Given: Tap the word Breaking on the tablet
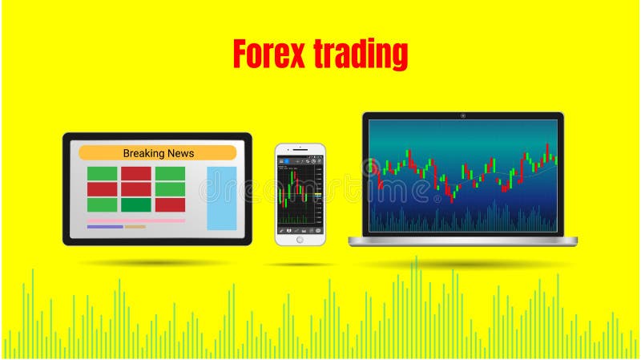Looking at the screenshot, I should point(143,153).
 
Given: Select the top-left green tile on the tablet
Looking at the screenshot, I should point(102,174).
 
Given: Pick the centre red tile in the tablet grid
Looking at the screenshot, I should point(136,189).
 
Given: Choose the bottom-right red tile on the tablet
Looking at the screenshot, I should point(170,204).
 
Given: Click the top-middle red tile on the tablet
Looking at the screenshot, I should point(136,174).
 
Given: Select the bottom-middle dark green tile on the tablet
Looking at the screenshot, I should point(136,204).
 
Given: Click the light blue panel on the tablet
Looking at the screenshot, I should point(222,198).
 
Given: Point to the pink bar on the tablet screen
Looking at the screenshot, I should point(136,220).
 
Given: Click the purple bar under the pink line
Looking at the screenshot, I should point(104,227).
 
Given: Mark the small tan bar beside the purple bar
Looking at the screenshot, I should point(135,227).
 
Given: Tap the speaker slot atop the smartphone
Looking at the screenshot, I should point(300,149).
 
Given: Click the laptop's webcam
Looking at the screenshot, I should point(463,115).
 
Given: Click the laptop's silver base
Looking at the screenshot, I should point(462,240).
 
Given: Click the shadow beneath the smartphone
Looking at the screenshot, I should point(300,264).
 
